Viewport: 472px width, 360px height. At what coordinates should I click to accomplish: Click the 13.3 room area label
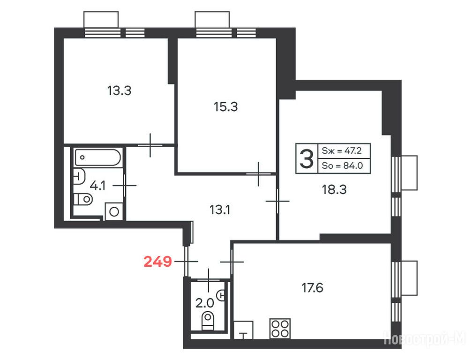coord(119,90)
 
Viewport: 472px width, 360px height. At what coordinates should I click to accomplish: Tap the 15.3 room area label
coord(226,106)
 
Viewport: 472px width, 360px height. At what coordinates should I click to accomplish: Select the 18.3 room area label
coord(334,190)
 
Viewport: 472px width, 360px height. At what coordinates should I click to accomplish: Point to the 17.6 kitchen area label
coord(313,288)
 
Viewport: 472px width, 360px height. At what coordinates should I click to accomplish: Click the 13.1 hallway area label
coord(220,210)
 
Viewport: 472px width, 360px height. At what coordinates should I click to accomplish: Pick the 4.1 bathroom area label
coord(98,186)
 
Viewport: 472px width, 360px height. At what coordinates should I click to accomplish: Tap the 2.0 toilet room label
coord(205,303)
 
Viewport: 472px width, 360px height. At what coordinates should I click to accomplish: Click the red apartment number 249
coord(158,262)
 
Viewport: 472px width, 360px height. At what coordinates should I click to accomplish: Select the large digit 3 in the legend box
coord(307,158)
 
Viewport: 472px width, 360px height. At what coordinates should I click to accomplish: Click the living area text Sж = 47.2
coord(342,150)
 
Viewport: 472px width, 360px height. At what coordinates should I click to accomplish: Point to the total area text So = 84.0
coord(342,165)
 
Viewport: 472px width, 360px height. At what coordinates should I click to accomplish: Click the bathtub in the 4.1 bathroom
coord(98,157)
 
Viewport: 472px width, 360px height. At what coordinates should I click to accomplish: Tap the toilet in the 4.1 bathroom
coord(83,199)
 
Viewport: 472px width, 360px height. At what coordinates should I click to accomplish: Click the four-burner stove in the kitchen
coord(280,329)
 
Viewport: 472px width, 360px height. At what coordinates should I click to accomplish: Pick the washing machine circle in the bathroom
coord(114,212)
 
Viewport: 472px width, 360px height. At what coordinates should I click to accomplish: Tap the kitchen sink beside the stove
coord(244,330)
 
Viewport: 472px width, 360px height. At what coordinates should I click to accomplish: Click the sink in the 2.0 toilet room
coord(222,295)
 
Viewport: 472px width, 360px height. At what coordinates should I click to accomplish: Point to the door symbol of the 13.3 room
coord(150,145)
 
